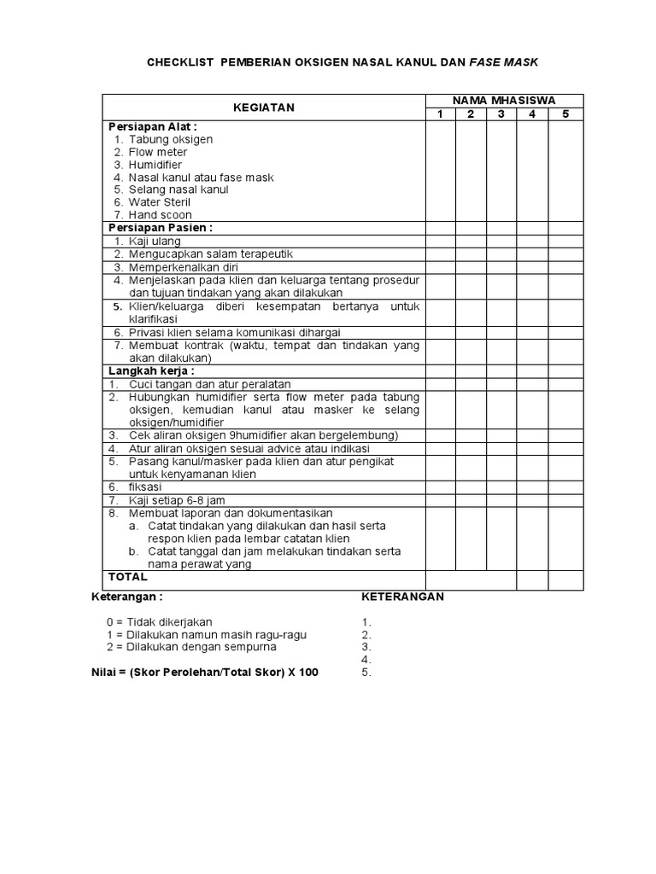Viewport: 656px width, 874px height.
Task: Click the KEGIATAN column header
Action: tap(264, 108)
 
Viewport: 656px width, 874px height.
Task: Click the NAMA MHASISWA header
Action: tap(504, 101)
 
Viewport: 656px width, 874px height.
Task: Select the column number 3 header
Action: tap(501, 114)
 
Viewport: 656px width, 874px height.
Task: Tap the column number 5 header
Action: tap(565, 114)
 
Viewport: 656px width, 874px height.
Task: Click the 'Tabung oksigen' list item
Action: tap(170, 139)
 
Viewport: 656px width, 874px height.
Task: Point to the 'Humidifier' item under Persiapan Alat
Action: tap(155, 165)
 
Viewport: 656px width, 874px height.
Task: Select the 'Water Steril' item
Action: tap(159, 202)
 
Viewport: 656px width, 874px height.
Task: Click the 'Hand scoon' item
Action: tap(160, 215)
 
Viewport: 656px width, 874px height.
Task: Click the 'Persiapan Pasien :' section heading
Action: tap(160, 228)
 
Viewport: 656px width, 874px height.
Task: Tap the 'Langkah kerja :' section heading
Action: tap(151, 371)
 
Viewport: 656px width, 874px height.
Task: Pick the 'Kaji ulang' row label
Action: tap(154, 242)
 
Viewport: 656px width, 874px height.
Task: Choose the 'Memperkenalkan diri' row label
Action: tap(183, 267)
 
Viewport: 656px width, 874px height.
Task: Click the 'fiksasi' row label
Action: tap(147, 487)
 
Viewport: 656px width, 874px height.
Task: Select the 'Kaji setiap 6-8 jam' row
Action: tap(177, 500)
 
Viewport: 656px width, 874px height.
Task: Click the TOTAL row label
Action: tap(128, 577)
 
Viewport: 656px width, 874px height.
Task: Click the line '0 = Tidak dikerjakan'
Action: tap(159, 622)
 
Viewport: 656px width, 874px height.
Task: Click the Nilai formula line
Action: tap(205, 672)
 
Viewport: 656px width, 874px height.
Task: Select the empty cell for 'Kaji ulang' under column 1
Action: tap(440, 242)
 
